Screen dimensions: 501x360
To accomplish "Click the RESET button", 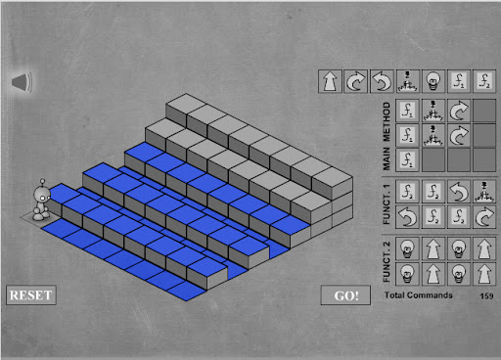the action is (31, 295).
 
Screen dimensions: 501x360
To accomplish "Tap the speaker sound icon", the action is (22, 82).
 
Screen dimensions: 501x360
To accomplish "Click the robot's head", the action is (42, 195).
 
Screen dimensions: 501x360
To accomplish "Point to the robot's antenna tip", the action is (42, 180).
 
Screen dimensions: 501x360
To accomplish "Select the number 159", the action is (486, 295).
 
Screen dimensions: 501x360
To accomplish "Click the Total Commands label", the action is (419, 295).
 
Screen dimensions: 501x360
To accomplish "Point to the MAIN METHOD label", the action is (387, 136).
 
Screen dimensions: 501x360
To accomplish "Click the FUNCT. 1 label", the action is (387, 204).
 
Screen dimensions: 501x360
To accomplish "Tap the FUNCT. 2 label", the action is (387, 262).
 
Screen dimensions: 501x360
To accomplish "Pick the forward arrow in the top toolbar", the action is (330, 81).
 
